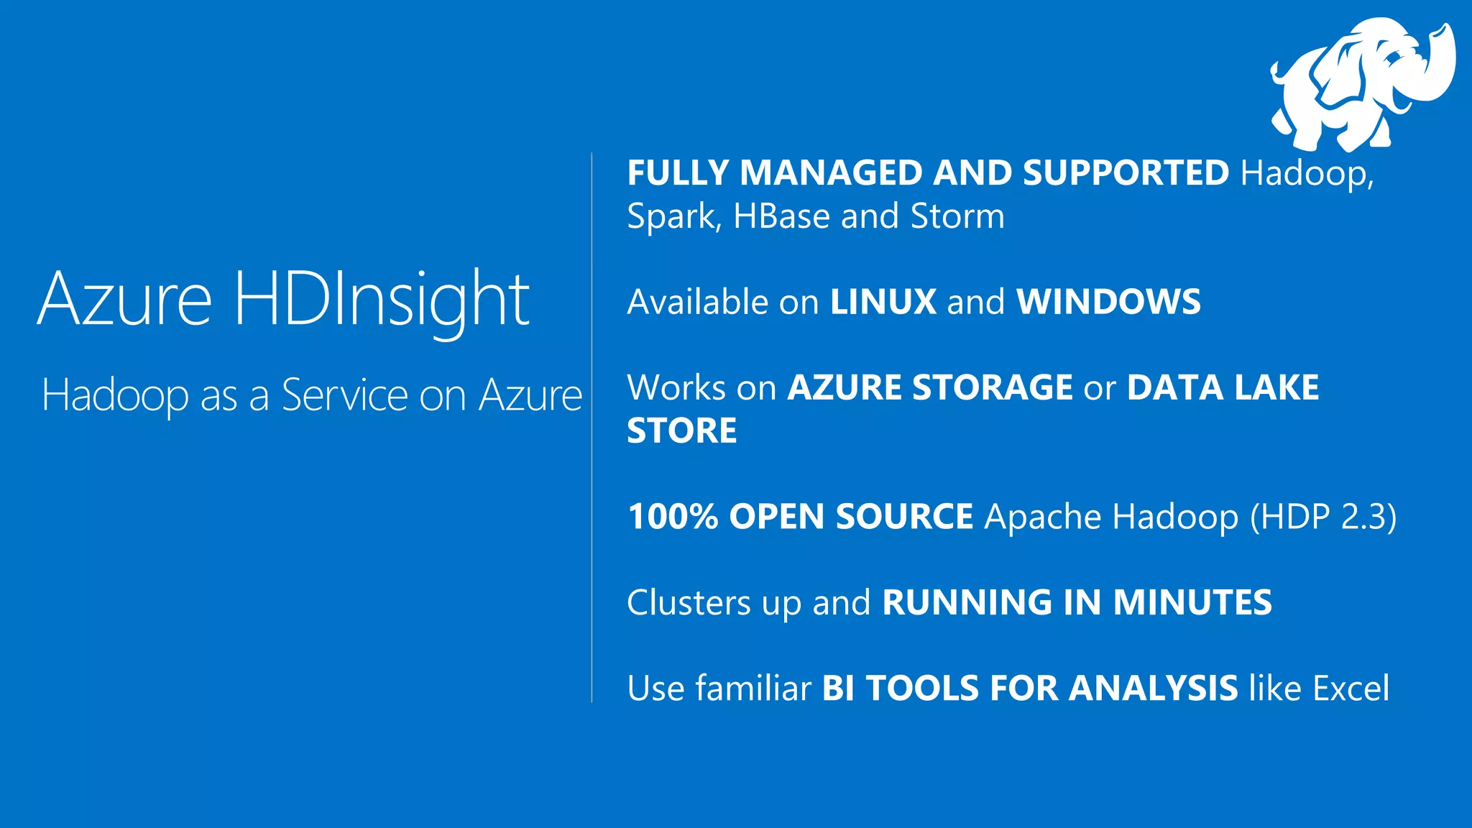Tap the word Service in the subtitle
345,395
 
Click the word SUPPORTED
1126,173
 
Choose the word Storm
957,216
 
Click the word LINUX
883,302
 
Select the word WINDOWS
1108,302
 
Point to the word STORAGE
993,388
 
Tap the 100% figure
673,517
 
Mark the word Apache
1042,517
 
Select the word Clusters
688,602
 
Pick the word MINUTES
1192,602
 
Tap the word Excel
1351,689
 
